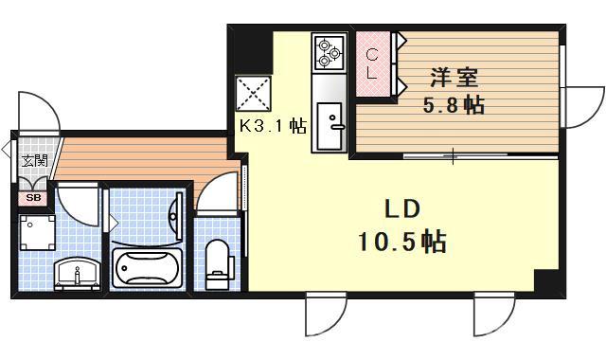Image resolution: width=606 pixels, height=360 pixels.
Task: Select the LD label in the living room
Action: (401, 209)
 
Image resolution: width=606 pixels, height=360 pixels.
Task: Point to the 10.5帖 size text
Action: (402, 243)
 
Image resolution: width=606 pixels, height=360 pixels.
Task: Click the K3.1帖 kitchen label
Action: (272, 125)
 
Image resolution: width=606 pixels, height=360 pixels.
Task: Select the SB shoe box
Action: (33, 198)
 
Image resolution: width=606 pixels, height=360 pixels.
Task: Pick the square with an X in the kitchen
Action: (253, 94)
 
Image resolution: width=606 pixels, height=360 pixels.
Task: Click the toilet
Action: (218, 260)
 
